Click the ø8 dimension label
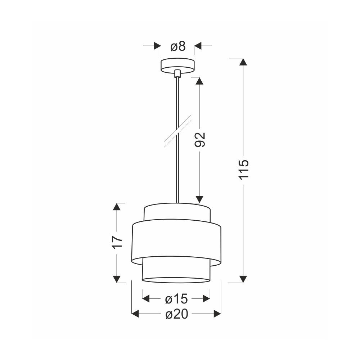[178, 46]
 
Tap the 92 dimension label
[199, 140]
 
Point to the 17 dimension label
[117, 241]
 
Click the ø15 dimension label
[176, 299]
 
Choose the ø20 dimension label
[177, 314]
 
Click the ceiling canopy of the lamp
[177, 66]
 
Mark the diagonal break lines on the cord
[178, 131]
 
